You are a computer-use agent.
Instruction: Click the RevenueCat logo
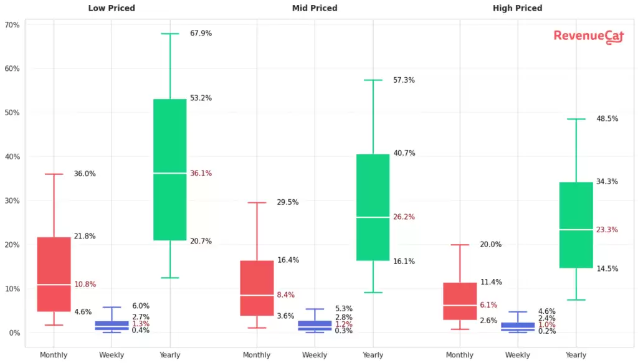click(579, 37)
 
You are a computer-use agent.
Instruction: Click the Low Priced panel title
click(112, 9)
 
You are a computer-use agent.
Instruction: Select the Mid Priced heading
click(315, 9)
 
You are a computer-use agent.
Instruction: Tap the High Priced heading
click(517, 9)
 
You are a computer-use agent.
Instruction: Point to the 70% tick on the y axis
click(12, 26)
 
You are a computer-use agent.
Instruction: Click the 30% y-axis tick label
click(12, 201)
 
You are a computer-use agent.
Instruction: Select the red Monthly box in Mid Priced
click(257, 288)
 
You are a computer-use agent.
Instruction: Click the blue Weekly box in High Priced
click(518, 326)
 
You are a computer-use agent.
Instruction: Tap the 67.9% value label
click(201, 34)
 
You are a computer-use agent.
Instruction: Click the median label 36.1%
click(201, 173)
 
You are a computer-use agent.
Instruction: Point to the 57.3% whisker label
click(404, 80)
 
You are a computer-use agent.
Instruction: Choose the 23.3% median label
click(607, 230)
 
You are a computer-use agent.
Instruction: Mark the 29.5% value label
click(288, 202)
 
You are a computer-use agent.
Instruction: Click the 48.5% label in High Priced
click(607, 119)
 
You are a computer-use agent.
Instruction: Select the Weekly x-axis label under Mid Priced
click(315, 355)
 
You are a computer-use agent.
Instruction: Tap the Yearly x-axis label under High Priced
click(576, 355)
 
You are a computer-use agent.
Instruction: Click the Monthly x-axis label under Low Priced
click(54, 355)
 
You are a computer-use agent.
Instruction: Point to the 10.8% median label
click(85, 285)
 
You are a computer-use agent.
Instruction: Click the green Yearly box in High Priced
click(576, 225)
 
